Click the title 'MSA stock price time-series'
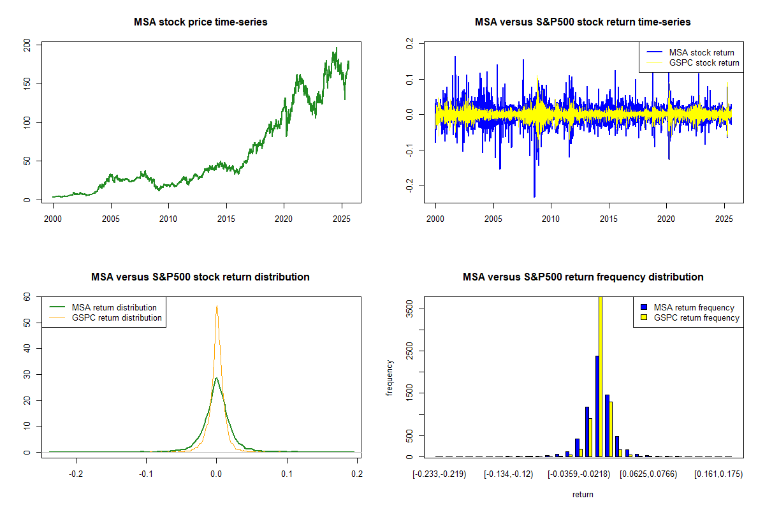(201, 22)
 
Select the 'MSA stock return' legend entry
(701, 52)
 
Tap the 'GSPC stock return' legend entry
(704, 62)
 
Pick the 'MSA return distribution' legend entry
(114, 307)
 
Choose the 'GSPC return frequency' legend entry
(696, 317)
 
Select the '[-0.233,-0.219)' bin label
(440, 474)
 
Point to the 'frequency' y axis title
(390, 377)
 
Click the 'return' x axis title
(583, 494)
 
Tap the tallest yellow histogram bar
(600, 376)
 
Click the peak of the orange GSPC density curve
(217, 306)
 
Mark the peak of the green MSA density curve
(217, 378)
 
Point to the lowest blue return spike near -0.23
(534, 196)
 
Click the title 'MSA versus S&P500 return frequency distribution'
(583, 277)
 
